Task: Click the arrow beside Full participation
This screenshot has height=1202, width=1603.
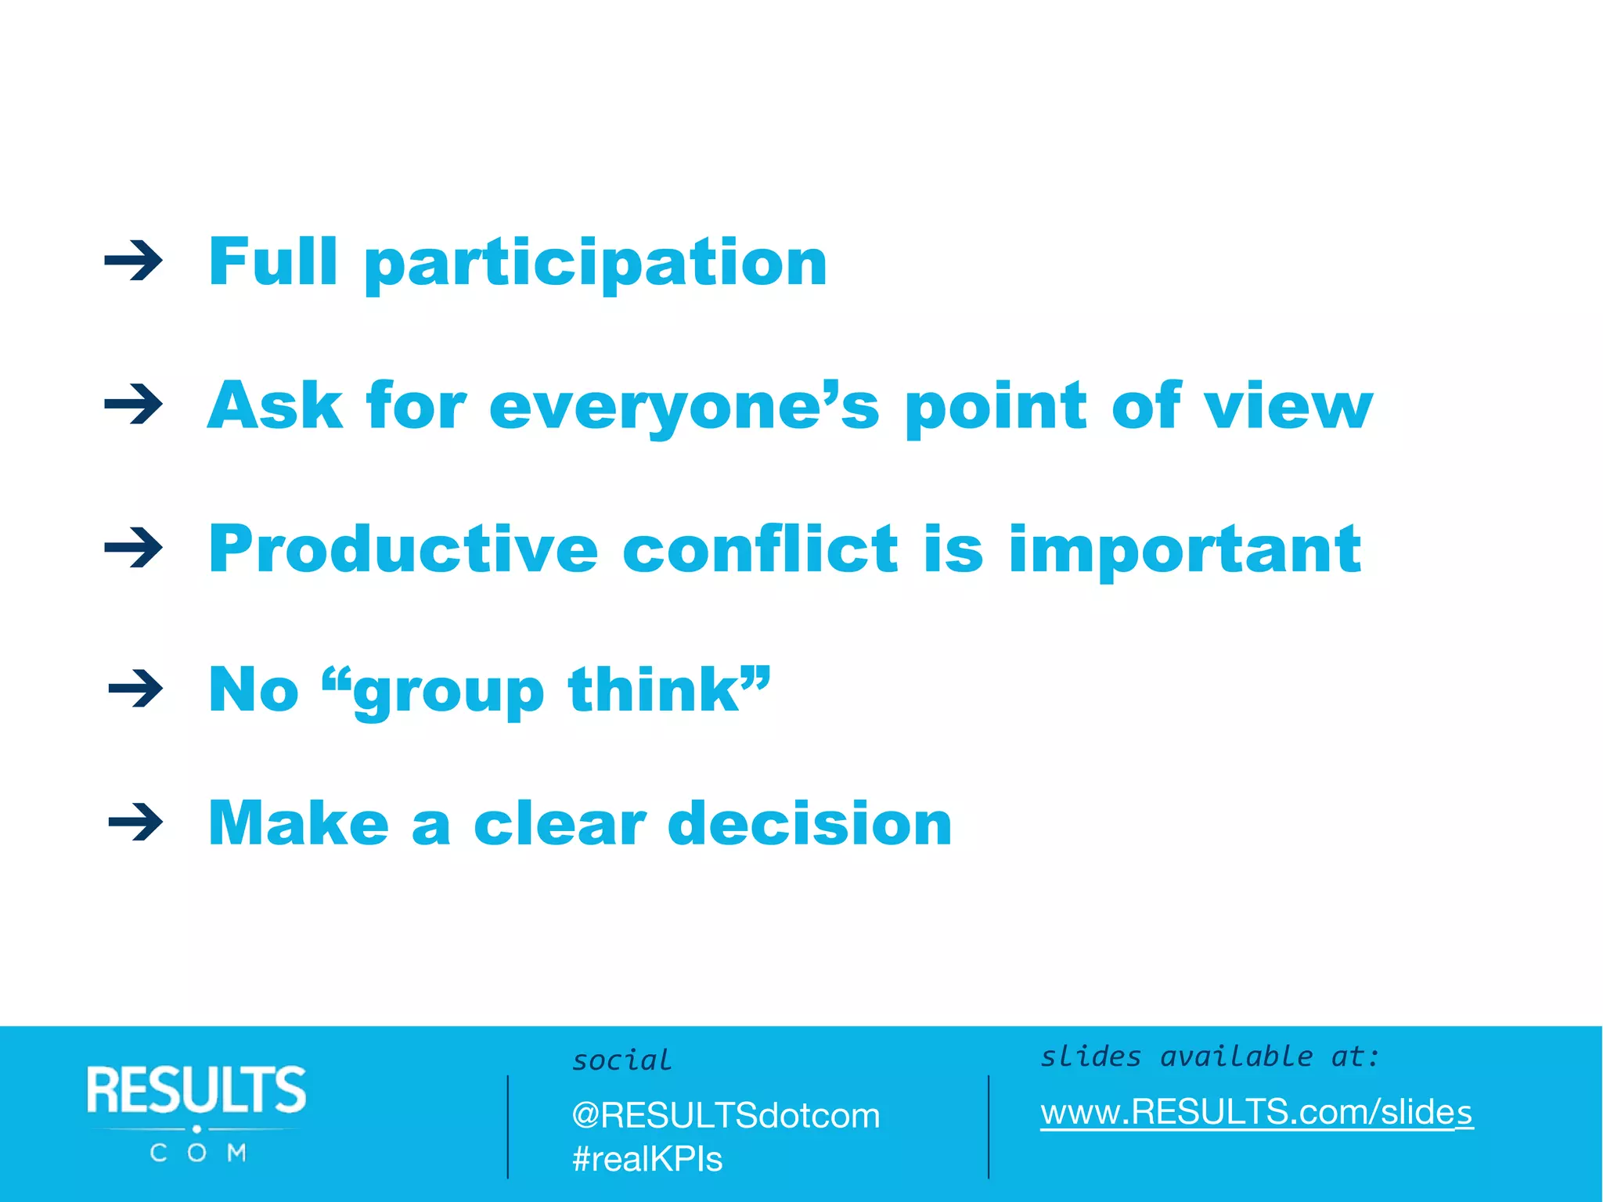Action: [x=134, y=261]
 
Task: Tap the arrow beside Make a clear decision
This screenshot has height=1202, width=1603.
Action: [x=136, y=822]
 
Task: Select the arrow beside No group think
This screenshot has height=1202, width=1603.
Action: [x=136, y=689]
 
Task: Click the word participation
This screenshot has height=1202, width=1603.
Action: [x=596, y=265]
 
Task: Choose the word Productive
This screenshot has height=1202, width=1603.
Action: [x=404, y=549]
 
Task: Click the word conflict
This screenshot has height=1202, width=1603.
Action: [x=760, y=549]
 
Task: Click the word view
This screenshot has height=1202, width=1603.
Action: [x=1288, y=407]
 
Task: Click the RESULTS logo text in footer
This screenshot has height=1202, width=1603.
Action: [x=196, y=1089]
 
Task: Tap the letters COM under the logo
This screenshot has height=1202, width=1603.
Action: [x=197, y=1153]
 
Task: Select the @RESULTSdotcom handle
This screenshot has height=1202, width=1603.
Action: [x=726, y=1115]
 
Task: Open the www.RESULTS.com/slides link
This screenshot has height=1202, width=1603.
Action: [x=1256, y=1112]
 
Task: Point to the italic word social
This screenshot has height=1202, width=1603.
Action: [x=622, y=1060]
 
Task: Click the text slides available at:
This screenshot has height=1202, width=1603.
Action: [x=1209, y=1056]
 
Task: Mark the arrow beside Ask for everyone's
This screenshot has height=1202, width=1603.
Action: [x=134, y=405]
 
